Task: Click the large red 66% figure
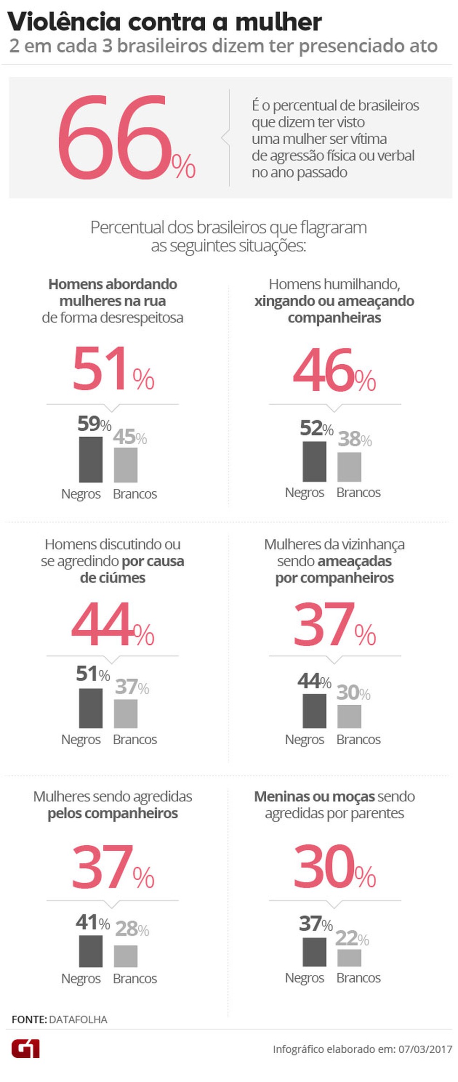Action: click(x=126, y=138)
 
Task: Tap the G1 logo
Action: click(x=26, y=1049)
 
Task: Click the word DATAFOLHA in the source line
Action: click(x=78, y=1019)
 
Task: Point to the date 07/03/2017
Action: click(x=425, y=1049)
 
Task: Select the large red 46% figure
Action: click(x=334, y=370)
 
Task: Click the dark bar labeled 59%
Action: click(x=91, y=460)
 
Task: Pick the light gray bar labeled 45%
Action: click(x=126, y=465)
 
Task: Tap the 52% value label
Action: click(x=317, y=428)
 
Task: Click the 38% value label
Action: click(x=355, y=439)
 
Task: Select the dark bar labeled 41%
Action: click(x=91, y=951)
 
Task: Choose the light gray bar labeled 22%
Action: click(x=349, y=958)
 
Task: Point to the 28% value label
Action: click(x=132, y=929)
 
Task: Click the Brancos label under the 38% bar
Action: click(x=358, y=492)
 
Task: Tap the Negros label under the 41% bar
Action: click(x=81, y=978)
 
